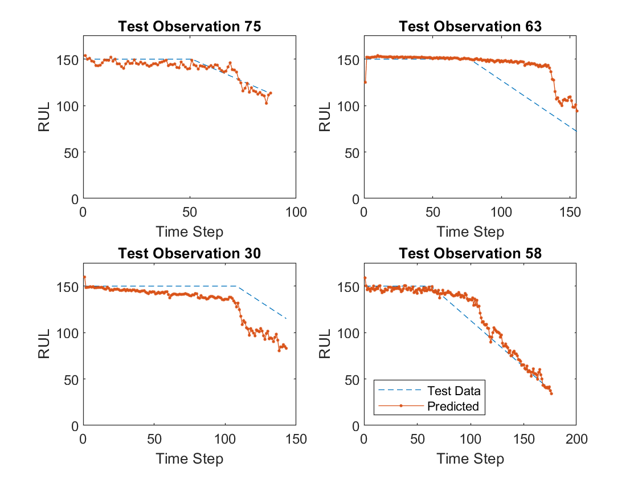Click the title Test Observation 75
189,27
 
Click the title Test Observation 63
470,27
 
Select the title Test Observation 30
189,254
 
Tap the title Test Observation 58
470,254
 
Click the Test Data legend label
453,391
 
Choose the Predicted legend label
453,407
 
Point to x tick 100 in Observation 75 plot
296,213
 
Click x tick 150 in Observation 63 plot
570,213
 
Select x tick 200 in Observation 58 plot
576,440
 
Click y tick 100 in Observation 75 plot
71,106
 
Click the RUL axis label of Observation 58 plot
325,345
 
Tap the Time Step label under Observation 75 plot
189,232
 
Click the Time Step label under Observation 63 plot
470,232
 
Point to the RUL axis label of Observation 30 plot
44,345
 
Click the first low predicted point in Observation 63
365,82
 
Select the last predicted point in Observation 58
551,393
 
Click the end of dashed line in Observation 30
287,319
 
